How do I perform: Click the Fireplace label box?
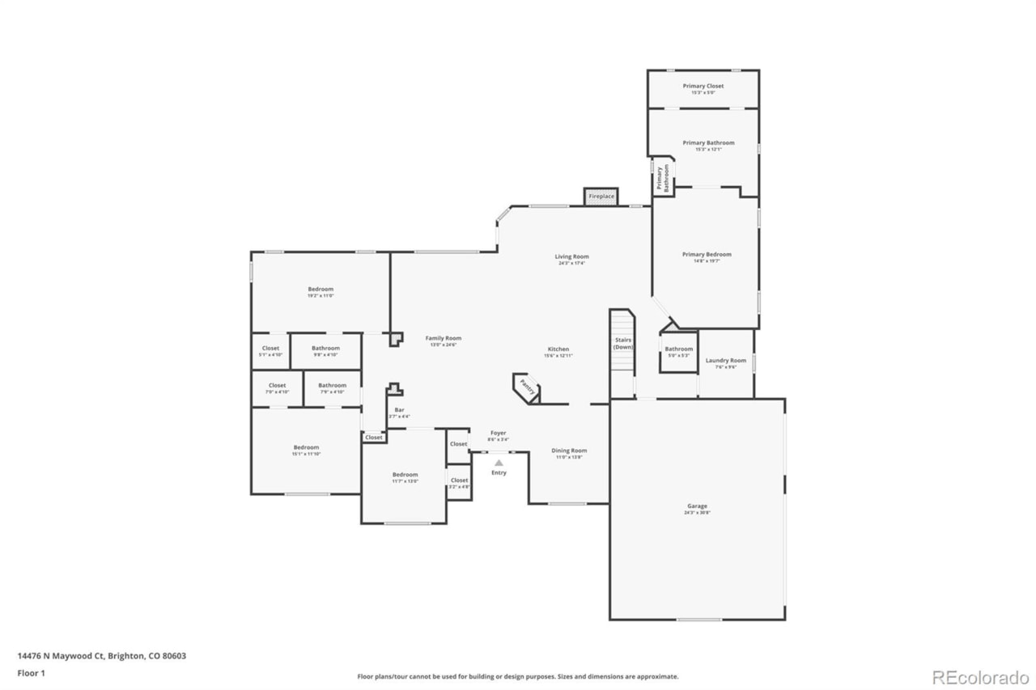coord(601,197)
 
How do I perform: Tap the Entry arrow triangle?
coord(499,463)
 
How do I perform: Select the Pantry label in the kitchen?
coord(528,387)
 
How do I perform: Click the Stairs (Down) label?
coord(622,343)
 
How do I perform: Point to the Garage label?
coord(697,506)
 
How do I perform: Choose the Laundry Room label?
coord(725,361)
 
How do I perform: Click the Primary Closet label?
coord(703,86)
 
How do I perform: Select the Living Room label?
coord(571,256)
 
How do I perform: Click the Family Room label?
coord(444,338)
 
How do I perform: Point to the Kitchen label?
coord(558,349)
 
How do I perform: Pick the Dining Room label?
coord(569,451)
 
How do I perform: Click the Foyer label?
coord(498,433)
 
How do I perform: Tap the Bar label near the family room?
coord(399,410)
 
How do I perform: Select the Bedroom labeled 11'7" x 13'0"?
coord(405,475)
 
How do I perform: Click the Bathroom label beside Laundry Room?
coord(678,349)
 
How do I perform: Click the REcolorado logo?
coord(980,676)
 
